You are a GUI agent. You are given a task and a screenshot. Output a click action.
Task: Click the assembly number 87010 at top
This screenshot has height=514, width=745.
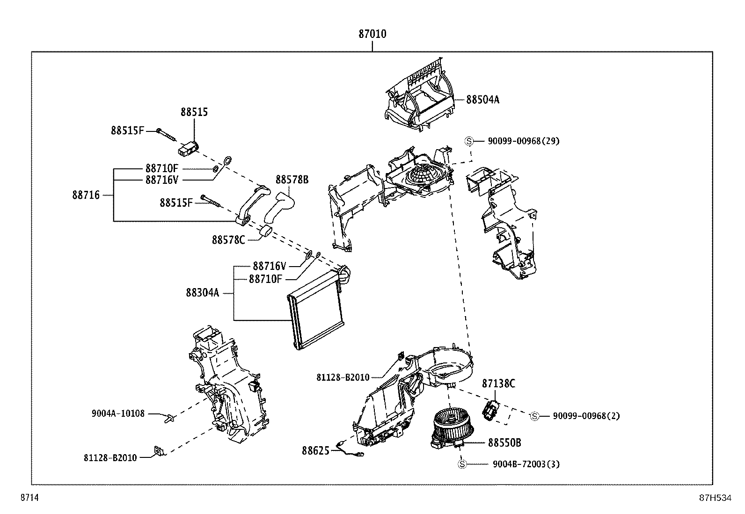coord(372,34)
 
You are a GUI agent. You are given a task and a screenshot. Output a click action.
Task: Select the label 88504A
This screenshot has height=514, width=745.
coord(482,100)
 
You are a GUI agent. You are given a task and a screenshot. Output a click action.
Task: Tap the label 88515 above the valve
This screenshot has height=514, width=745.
coord(194,112)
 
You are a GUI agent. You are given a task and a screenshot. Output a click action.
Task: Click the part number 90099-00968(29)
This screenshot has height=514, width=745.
coord(523,141)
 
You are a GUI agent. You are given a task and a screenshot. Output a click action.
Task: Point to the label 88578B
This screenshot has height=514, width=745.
coord(292,180)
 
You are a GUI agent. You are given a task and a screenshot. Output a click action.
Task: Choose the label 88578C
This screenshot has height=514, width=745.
coord(228,240)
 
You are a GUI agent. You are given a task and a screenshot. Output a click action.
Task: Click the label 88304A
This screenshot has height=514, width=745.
coord(202,293)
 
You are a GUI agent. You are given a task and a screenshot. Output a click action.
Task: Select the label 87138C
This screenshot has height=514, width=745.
coord(498,384)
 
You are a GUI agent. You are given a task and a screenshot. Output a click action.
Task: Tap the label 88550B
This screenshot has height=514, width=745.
coord(504,442)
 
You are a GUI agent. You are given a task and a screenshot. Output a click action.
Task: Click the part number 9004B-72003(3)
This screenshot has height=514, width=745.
coord(526,464)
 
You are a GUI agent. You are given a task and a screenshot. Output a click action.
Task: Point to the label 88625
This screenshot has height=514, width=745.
coord(315,450)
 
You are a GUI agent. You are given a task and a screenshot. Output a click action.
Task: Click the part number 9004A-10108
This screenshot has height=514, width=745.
coord(118,413)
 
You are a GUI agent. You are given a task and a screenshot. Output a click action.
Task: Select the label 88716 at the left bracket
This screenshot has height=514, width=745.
coord(86,195)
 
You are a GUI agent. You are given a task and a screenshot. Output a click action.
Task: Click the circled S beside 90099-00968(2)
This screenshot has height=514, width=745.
coord(535,416)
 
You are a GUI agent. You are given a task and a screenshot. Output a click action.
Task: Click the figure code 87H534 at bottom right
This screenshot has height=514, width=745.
coord(715,498)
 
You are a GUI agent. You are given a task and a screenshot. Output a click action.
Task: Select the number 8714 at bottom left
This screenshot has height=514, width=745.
coord(29,498)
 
